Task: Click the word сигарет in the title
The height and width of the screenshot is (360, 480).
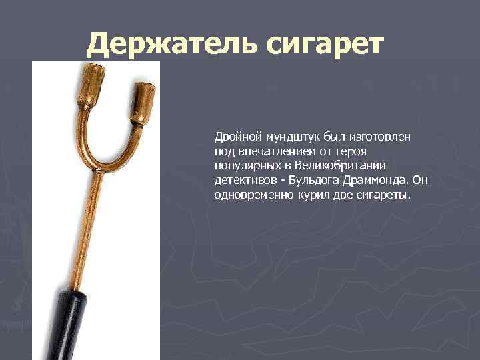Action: tap(326, 45)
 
